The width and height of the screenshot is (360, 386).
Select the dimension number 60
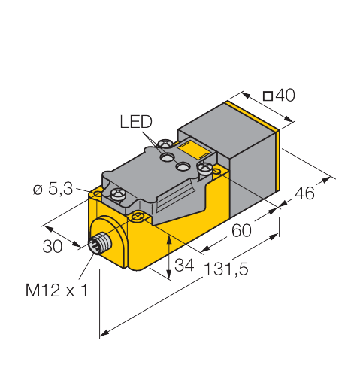(x=240, y=231)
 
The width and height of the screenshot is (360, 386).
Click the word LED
(x=135, y=122)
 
